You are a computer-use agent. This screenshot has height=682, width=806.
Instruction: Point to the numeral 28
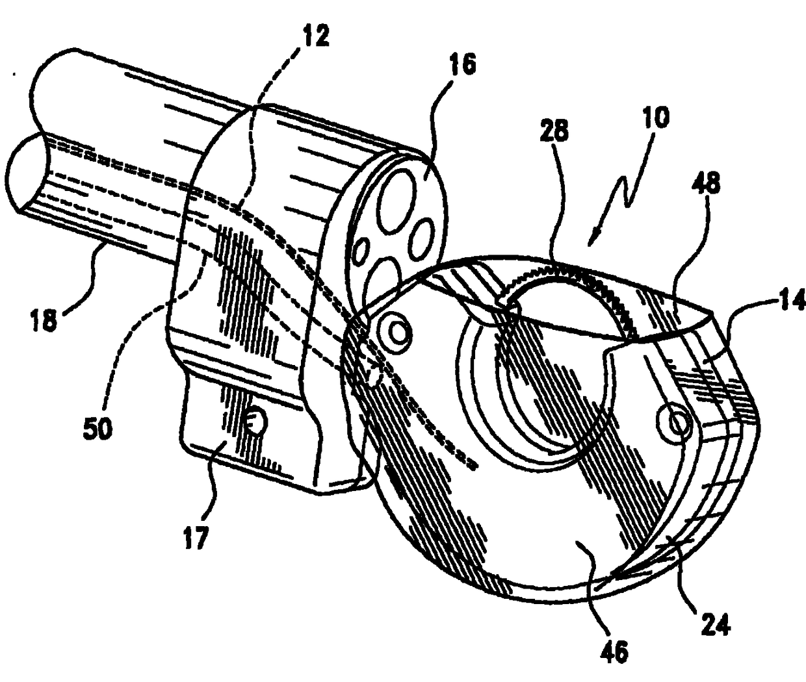click(x=554, y=133)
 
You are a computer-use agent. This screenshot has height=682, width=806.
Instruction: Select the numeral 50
click(x=97, y=429)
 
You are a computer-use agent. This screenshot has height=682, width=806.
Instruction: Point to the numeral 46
click(x=615, y=651)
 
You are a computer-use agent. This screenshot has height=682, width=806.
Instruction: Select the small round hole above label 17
click(x=255, y=424)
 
